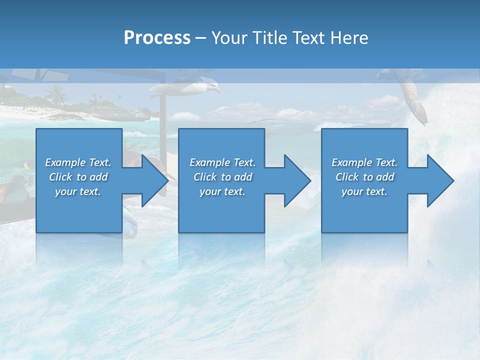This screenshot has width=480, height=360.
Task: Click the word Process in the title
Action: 157,38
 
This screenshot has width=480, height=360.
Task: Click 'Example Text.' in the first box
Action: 78,162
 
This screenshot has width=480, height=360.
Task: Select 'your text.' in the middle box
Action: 222,191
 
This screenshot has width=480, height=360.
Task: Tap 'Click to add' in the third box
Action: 364,177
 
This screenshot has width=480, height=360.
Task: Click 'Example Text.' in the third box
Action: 364,162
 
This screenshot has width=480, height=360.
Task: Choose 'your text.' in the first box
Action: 78,191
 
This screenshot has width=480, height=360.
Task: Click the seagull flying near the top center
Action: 187,89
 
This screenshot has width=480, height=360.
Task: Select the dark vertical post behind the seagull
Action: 163,115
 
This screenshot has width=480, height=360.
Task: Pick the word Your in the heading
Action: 229,38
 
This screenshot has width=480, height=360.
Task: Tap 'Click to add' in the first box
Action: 78,177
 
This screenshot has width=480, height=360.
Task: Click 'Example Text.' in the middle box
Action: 222,162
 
